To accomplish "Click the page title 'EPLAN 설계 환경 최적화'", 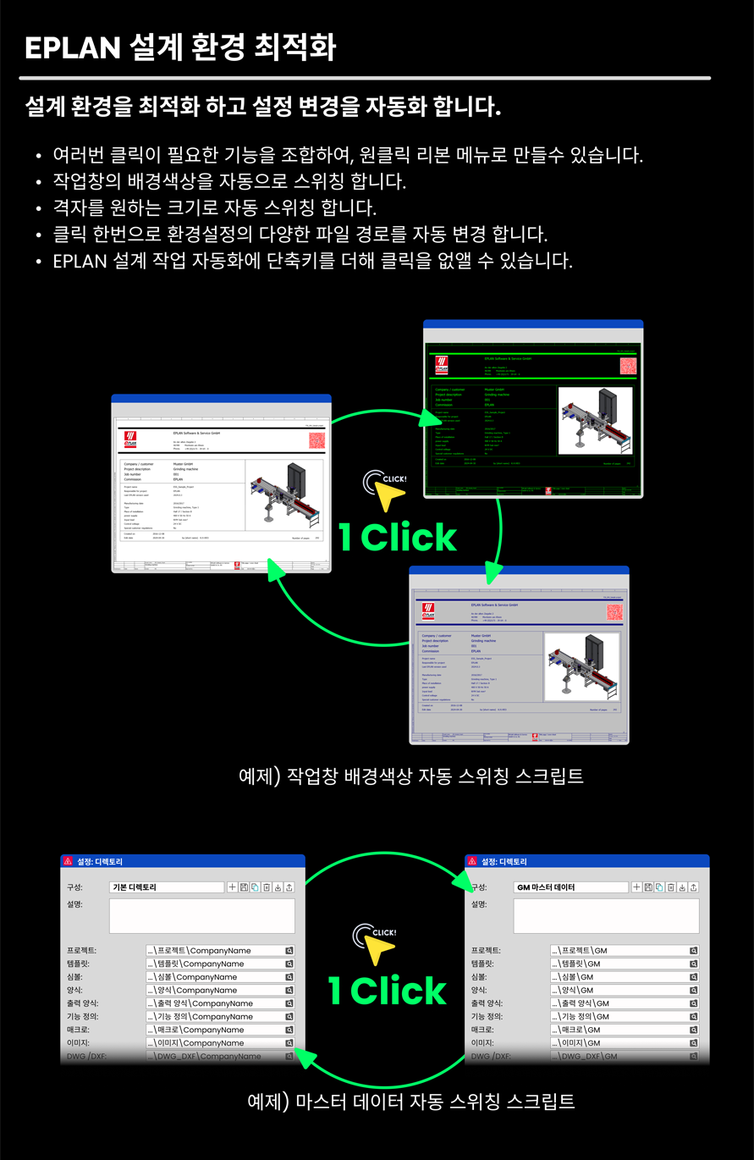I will pyautogui.click(x=180, y=48).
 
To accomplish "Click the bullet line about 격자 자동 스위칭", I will pyautogui.click(x=214, y=207).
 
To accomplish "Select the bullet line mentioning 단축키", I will pyautogui.click(x=312, y=260).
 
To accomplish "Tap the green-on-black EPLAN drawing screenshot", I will pyautogui.click(x=533, y=410).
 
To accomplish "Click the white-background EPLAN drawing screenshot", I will pyautogui.click(x=221, y=484).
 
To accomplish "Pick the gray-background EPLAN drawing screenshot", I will pyautogui.click(x=519, y=656).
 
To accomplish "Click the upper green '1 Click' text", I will pyautogui.click(x=398, y=538).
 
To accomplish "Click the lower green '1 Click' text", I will pyautogui.click(x=387, y=991).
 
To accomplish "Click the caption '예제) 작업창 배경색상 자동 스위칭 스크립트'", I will pyautogui.click(x=411, y=776).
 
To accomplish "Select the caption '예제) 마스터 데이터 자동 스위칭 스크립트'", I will pyautogui.click(x=411, y=1102).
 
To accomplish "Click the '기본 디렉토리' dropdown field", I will pyautogui.click(x=167, y=887).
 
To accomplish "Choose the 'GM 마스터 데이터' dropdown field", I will pyautogui.click(x=571, y=887).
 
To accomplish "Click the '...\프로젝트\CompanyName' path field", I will pyautogui.click(x=215, y=951).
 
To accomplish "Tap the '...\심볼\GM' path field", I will pyautogui.click(x=619, y=977).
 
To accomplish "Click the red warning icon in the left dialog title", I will pyautogui.click(x=68, y=861).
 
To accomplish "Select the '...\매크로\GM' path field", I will pyautogui.click(x=619, y=1030).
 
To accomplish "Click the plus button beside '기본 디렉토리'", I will pyautogui.click(x=233, y=887).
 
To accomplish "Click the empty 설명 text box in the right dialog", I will pyautogui.click(x=606, y=915).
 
